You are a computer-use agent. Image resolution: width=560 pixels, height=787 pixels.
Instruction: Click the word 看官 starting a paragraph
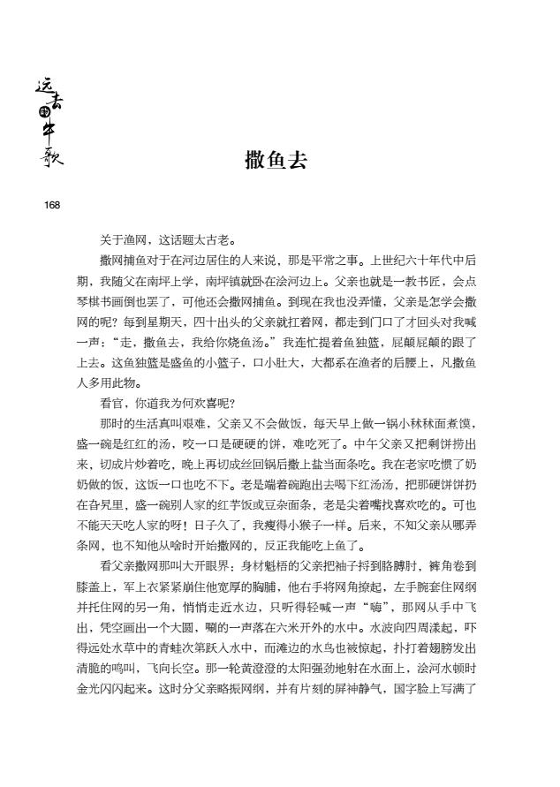110,400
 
